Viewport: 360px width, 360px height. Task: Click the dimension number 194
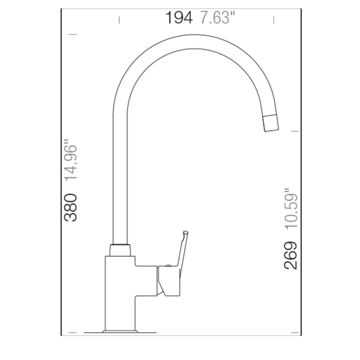179,18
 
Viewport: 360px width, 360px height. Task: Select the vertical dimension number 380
71,207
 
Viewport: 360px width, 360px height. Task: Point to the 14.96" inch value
71,163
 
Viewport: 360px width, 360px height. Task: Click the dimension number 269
291,255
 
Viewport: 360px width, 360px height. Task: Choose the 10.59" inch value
291,209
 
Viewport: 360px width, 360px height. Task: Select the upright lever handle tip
185,233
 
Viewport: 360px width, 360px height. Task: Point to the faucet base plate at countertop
120,331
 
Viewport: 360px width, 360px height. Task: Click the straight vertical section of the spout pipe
120,180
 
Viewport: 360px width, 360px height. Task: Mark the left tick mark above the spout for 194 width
119,20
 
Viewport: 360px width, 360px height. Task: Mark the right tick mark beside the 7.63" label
274,20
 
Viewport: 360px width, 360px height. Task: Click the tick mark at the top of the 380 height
73,34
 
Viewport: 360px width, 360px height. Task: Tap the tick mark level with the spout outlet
295,131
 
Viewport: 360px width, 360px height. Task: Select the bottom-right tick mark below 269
295,332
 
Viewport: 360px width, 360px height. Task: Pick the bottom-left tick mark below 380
73,332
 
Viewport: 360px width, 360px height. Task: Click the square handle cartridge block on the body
169,281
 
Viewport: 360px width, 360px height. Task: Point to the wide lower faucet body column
120,293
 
